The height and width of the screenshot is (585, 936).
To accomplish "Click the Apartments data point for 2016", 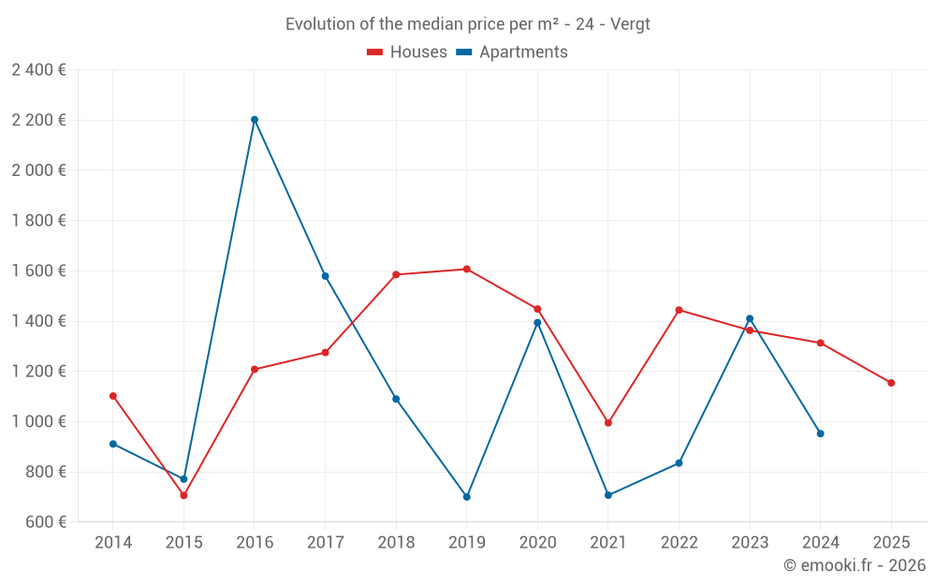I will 255,120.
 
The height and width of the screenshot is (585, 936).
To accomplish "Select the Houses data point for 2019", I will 466,270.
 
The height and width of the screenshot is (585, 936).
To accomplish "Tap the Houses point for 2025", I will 891,383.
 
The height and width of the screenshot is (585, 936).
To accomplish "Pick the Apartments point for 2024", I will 820,433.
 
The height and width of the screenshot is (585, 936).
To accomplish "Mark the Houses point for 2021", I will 608,423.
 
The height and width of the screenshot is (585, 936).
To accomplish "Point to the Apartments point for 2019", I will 466,497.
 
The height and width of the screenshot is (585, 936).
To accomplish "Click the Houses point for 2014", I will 113,396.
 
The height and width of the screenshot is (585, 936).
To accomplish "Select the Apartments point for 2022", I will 679,463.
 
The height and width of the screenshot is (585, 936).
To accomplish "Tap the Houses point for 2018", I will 396,275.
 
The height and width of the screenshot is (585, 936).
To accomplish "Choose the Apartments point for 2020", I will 537,323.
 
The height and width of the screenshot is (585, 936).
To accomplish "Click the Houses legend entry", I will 407,52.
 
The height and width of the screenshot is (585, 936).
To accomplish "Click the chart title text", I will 468,24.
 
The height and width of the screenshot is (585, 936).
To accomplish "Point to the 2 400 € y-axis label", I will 38,70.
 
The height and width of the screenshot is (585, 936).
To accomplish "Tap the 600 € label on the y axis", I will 45,522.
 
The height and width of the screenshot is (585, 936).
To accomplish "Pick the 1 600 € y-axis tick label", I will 38,271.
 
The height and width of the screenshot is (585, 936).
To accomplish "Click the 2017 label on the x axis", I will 325,543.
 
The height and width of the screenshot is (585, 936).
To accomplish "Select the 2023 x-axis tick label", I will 750,543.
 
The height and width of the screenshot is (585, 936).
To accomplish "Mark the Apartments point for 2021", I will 608,495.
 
